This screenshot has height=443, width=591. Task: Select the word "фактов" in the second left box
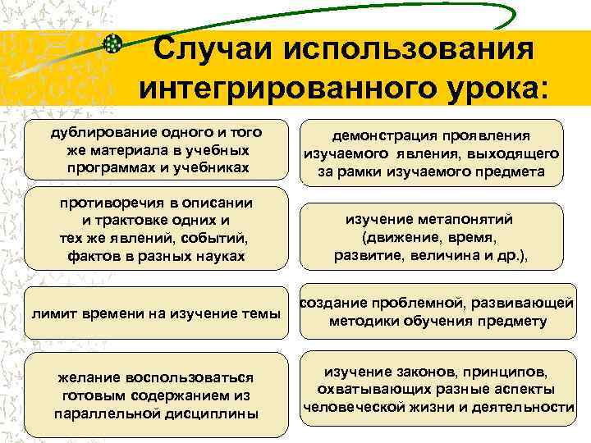91,257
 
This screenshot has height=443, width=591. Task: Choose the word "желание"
89,377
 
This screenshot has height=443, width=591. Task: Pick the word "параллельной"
99,413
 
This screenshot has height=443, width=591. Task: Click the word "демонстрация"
383,136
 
